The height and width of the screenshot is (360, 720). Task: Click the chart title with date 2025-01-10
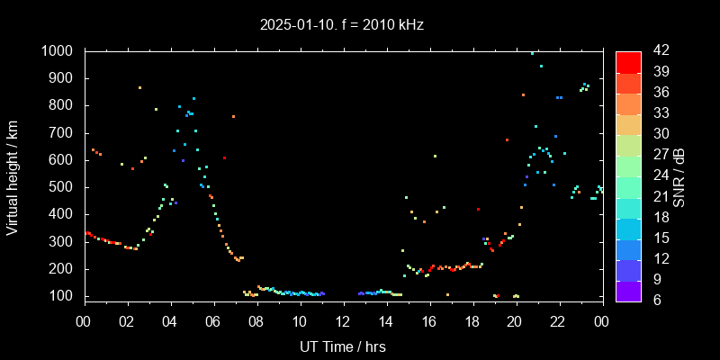click(341, 25)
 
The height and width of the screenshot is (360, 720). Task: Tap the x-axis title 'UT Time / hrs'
click(342, 346)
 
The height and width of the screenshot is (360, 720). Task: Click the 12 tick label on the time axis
click(343, 321)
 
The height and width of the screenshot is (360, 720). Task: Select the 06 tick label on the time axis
click(213, 321)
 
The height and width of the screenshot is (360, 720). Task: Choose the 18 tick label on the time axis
click(472, 321)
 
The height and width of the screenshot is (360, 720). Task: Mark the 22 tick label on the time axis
click(558, 321)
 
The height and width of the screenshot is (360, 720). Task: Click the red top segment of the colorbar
click(628, 61)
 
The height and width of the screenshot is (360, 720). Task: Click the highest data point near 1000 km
click(532, 53)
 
